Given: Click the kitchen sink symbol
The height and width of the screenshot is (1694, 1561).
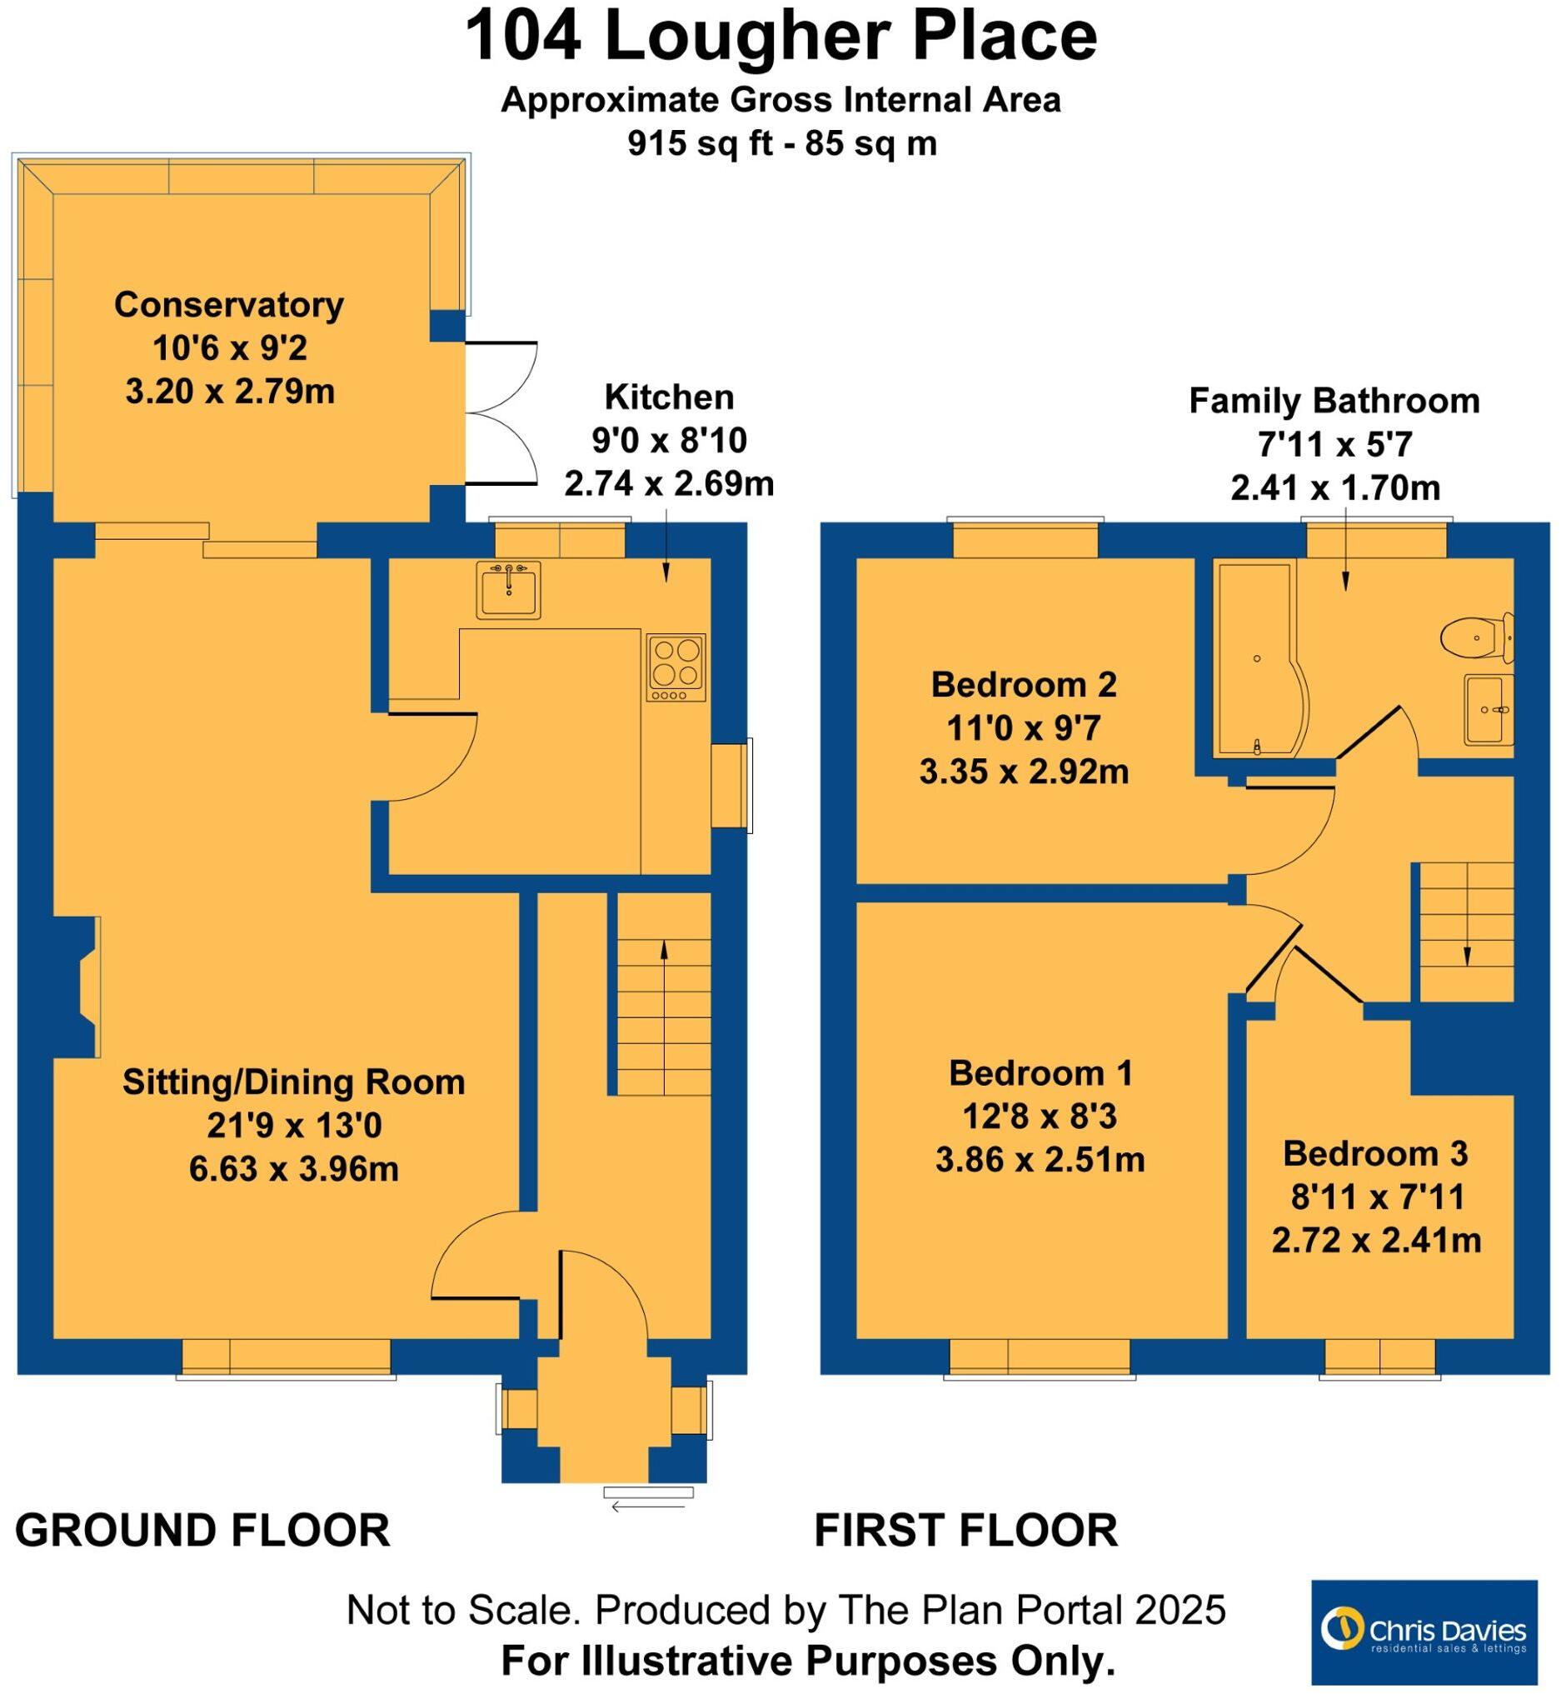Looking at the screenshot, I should point(507,589).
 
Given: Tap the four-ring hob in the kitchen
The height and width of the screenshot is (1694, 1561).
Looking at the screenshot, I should point(676,667).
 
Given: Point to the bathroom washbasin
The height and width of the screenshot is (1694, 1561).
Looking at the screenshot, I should point(1487,709).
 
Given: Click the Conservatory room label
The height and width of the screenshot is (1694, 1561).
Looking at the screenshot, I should point(229,305).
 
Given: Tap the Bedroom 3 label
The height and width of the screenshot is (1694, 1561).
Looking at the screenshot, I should point(1375,1153).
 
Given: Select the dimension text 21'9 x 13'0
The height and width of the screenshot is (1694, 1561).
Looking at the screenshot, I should point(294,1126).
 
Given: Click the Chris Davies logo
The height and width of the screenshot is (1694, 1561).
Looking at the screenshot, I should point(1424,1632).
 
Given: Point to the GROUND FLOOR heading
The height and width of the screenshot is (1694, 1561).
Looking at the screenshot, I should point(202,1531).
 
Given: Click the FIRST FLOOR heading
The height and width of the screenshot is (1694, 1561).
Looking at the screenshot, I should point(965,1531).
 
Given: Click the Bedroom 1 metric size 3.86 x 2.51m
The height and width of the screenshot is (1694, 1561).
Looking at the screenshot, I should point(1039,1160).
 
